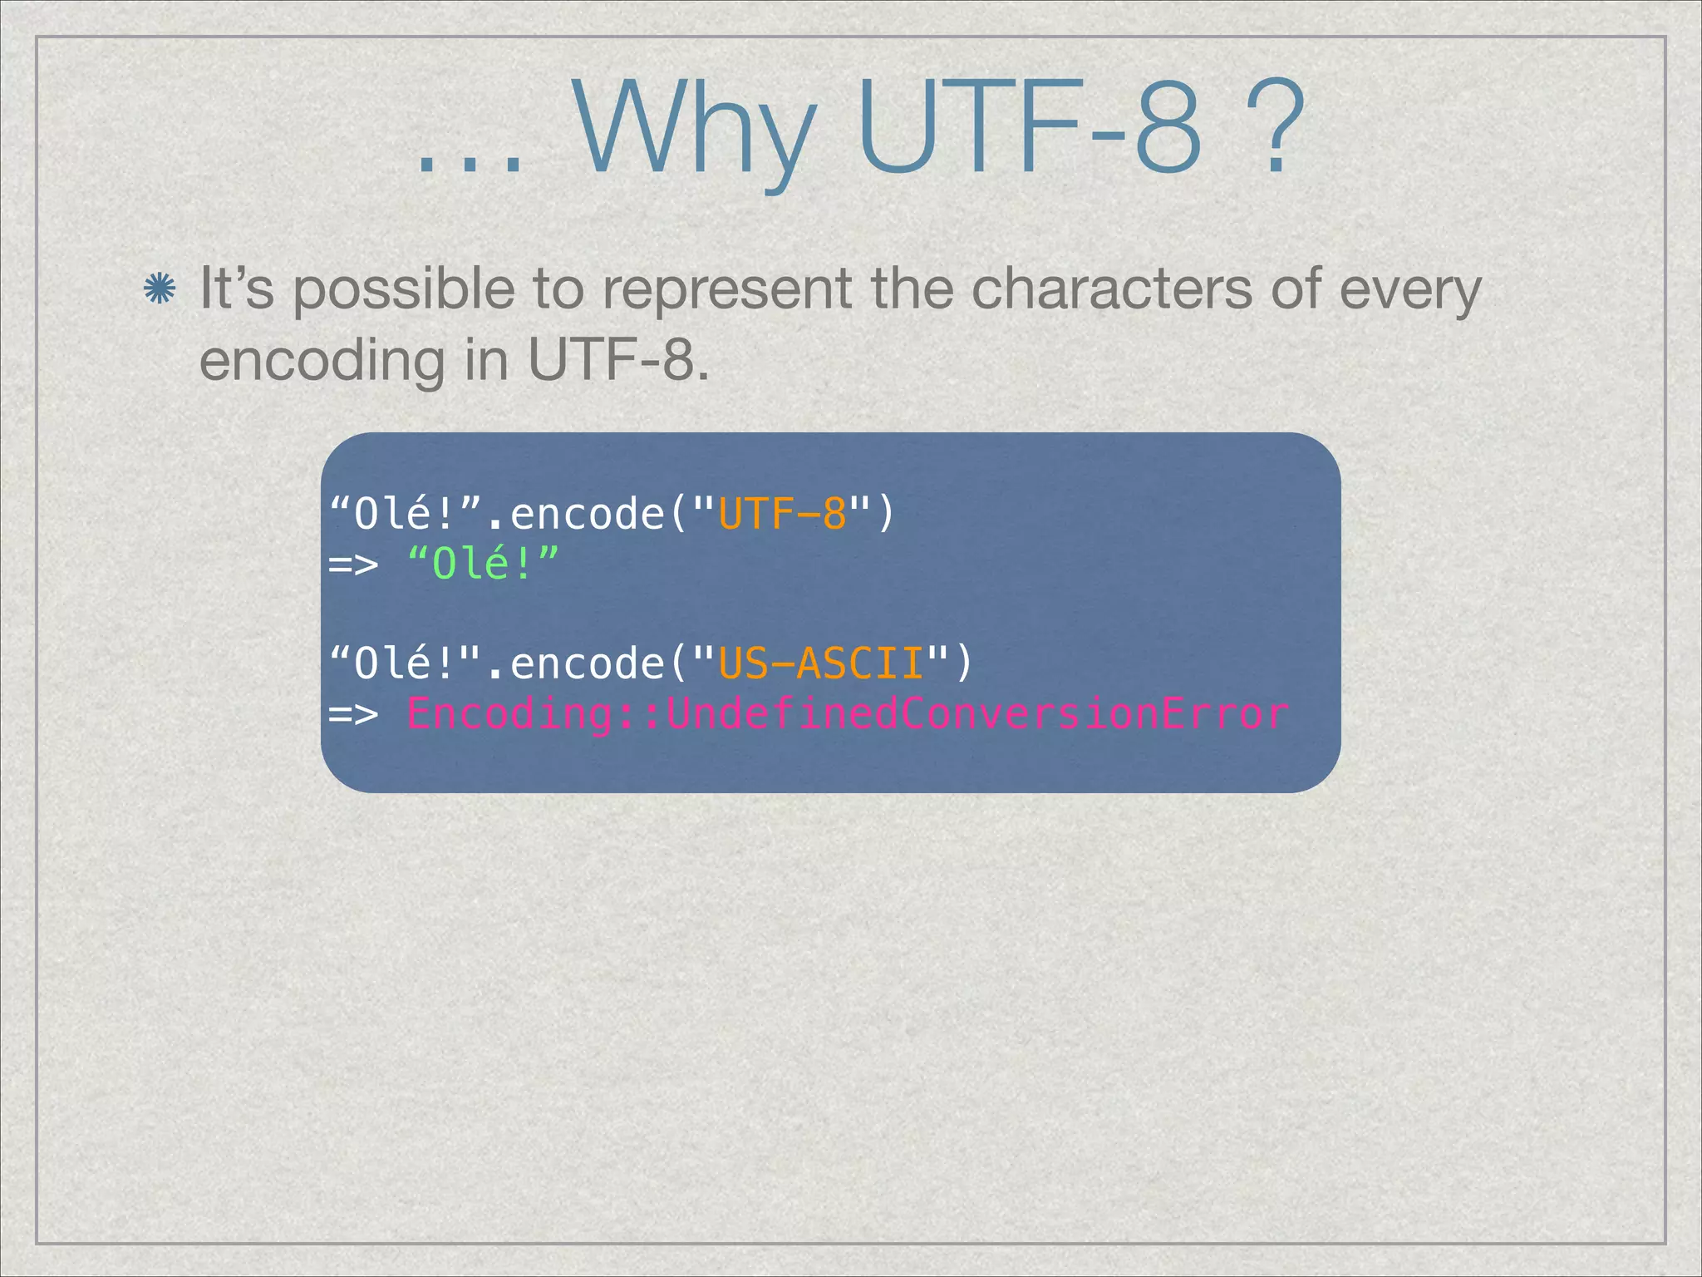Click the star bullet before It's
coord(159,290)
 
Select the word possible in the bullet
coord(404,290)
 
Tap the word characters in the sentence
coord(1111,290)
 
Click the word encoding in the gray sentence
coord(322,362)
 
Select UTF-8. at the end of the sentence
coord(618,362)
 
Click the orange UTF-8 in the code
coord(782,514)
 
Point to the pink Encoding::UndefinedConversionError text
coord(847,713)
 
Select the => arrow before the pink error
coord(354,714)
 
